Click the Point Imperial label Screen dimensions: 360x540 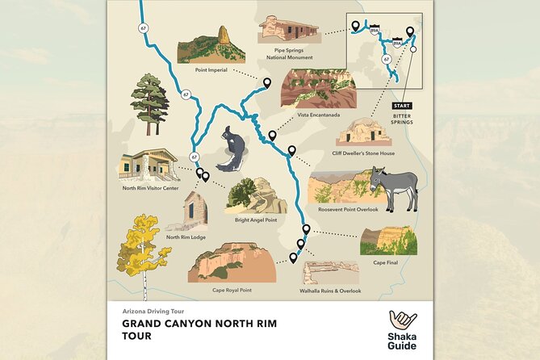(211, 69)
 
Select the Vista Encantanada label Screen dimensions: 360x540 (318, 115)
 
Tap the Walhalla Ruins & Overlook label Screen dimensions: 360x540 (330, 291)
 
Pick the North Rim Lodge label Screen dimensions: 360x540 (185, 237)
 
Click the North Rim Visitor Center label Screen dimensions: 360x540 (149, 188)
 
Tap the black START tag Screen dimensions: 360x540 (401, 106)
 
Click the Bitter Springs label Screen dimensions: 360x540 (401, 119)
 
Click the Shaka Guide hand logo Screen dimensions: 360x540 (402, 320)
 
